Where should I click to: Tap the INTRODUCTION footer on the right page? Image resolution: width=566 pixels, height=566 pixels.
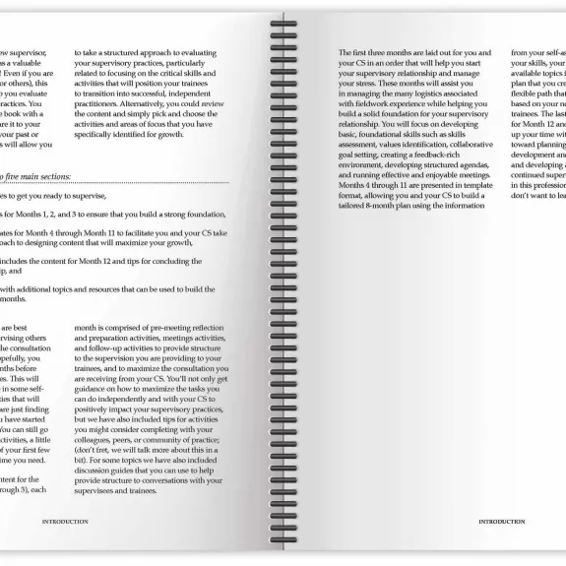tap(502, 522)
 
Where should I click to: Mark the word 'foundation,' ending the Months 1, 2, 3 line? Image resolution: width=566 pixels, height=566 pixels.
tap(203, 213)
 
